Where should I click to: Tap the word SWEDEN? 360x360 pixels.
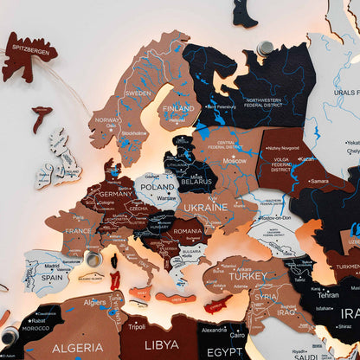click(138, 93)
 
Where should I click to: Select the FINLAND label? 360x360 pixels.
click(178, 109)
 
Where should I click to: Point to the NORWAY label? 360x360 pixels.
click(107, 120)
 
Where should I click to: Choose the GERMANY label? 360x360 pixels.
click(115, 195)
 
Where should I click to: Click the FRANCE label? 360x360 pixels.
click(79, 232)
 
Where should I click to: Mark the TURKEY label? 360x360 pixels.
click(250, 275)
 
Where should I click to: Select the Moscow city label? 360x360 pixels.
click(235, 161)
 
